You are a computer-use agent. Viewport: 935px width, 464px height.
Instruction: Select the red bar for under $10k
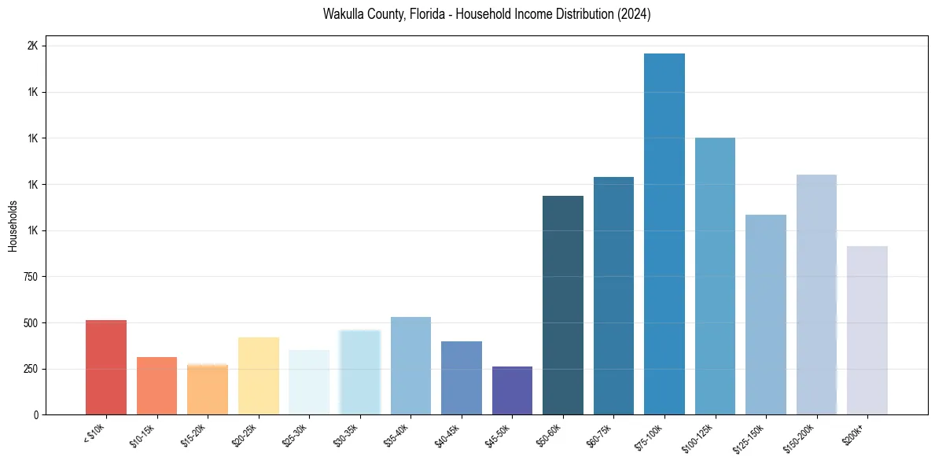(x=106, y=367)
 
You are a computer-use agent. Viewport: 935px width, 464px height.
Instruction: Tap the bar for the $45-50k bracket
(x=512, y=390)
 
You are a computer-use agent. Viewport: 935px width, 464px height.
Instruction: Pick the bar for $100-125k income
(x=715, y=276)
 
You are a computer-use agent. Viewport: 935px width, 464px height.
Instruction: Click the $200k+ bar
(x=867, y=330)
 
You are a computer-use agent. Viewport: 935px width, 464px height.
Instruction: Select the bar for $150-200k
(x=816, y=294)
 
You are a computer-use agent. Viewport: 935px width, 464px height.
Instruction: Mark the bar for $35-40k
(x=410, y=366)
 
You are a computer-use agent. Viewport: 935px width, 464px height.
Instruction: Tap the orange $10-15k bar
(x=156, y=385)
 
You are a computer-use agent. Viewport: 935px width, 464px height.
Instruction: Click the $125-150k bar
(x=765, y=315)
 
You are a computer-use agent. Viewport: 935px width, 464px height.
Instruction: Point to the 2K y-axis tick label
(x=32, y=46)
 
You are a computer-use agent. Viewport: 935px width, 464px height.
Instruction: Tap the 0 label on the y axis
(x=35, y=414)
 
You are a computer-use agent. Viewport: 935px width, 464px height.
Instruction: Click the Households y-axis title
(x=13, y=226)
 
